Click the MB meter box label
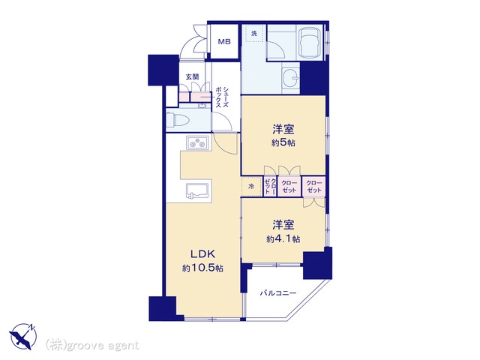[x=224, y=42]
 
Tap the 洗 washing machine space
[x=254, y=33]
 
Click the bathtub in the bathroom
[x=310, y=42]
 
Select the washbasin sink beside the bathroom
[x=290, y=78]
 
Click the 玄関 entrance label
[x=193, y=76]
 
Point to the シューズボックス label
[x=222, y=97]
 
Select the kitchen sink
[x=198, y=191]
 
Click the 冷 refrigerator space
[x=252, y=187]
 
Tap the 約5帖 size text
[x=283, y=143]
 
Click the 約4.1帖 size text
[x=283, y=238]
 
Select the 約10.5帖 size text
[x=202, y=268]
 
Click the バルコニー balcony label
[x=278, y=293]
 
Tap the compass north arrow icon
[x=23, y=337]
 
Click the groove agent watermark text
[x=92, y=346]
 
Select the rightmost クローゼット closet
[x=314, y=187]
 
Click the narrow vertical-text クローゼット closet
[x=270, y=187]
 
